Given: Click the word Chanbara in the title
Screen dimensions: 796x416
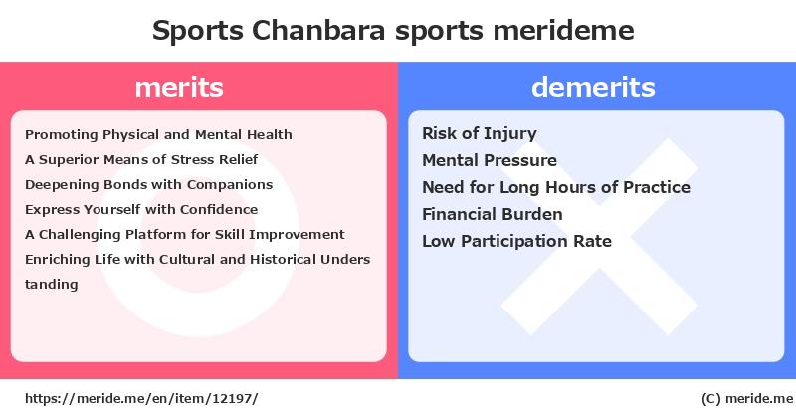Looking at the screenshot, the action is pos(318,30).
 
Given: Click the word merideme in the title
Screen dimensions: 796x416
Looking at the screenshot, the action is pos(563,30).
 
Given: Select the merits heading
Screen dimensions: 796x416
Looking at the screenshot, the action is pos(179,87).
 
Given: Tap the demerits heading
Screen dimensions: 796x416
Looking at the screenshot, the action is pos(593,87).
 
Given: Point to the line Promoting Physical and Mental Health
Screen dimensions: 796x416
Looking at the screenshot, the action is pos(158,135).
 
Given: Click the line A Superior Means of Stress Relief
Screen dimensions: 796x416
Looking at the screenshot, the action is pos(141,160).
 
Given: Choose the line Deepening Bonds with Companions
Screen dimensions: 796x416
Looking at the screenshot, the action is pos(148,185).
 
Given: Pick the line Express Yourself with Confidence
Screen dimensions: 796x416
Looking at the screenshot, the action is pos(141,210).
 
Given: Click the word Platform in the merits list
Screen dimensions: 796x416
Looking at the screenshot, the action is pos(156,235).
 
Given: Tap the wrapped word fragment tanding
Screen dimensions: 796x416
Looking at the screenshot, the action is pos(52,284).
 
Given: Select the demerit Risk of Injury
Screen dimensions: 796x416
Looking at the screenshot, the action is pos(480,134).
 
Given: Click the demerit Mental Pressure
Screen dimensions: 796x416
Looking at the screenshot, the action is pos(490,160).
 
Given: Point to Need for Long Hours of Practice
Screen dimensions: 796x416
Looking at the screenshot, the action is pos(556,187).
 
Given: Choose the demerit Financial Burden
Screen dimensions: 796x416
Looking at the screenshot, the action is pos(493,214).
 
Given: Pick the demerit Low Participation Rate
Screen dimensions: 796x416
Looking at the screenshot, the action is pos(516,241).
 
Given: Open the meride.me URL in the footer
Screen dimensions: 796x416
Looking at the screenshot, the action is pos(141,399).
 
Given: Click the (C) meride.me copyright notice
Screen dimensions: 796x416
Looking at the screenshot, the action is pos(747,399).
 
